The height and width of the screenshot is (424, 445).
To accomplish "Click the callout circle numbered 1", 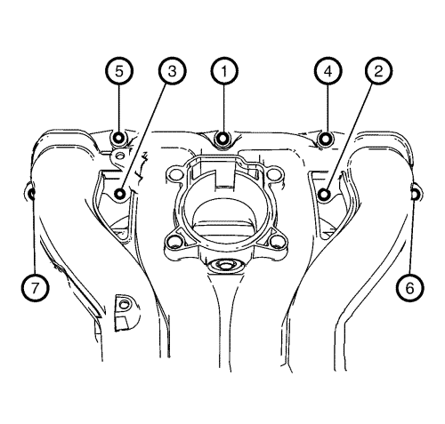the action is tap(224, 71).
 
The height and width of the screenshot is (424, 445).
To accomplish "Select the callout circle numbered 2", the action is tap(378, 71).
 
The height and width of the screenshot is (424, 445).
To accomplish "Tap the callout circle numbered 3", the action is tap(172, 71).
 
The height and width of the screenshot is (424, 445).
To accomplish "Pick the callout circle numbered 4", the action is tap(328, 71).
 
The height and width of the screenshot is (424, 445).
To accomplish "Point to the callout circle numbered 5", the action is tap(119, 71).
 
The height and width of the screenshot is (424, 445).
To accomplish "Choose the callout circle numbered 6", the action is tap(410, 288).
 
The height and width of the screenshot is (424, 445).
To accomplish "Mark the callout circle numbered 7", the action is tap(35, 288).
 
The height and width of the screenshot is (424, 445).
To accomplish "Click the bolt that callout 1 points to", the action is tap(223, 138).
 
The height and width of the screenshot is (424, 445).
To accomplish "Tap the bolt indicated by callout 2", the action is tap(324, 195).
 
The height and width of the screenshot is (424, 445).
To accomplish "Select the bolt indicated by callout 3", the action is tap(120, 194).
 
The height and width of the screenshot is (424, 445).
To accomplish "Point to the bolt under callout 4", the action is tap(326, 139).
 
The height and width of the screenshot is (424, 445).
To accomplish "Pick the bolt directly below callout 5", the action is tap(118, 138).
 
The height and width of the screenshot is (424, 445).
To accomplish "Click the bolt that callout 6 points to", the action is tap(416, 194).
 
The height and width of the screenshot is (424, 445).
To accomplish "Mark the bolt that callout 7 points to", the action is tap(30, 194).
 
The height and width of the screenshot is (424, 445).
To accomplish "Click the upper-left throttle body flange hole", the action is tap(176, 174).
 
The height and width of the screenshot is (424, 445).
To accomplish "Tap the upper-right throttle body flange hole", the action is tap(272, 175).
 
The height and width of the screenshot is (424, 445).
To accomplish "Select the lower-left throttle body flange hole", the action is tap(174, 242).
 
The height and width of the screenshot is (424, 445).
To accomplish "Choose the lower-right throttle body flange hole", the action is tap(276, 242).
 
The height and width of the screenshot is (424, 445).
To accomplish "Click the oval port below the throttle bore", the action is tap(224, 264).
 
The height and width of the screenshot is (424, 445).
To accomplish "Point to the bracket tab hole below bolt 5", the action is tap(120, 156).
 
